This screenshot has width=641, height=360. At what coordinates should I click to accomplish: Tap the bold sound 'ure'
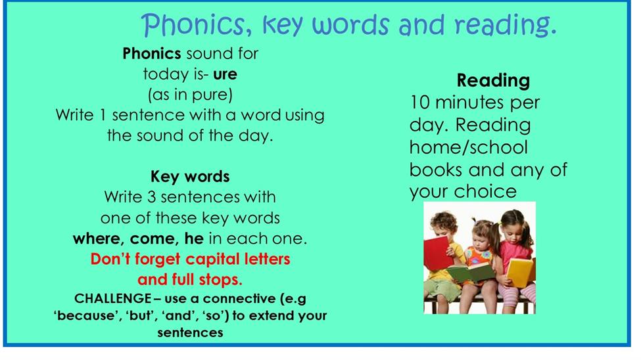[x=225, y=74]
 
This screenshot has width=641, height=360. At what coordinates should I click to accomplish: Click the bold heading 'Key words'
[x=190, y=177]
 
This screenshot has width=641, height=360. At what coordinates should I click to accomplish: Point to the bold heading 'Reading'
[x=493, y=81]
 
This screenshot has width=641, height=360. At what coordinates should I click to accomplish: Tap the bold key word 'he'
[x=194, y=238]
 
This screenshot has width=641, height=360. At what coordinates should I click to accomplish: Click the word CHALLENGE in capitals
[x=113, y=298]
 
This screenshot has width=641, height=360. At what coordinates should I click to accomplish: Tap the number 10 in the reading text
[x=420, y=102]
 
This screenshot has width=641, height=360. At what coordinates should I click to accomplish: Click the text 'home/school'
[x=469, y=147]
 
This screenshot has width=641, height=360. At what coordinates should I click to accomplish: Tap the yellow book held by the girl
[x=519, y=272]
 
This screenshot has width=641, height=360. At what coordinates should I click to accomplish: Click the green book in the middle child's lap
[x=471, y=272]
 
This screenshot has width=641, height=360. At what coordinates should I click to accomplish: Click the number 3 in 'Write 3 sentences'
[x=151, y=197]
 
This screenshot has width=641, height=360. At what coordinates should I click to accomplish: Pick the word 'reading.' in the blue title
[x=506, y=26]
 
